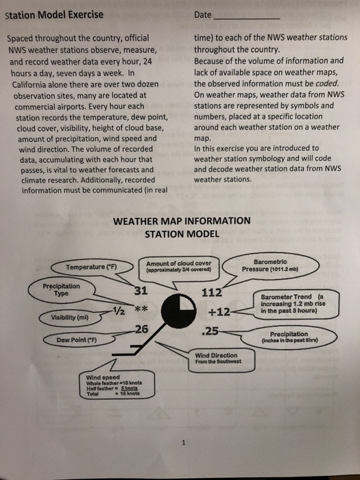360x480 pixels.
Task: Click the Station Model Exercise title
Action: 54,14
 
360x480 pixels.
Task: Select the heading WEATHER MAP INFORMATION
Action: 181,221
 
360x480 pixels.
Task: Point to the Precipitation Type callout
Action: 61,289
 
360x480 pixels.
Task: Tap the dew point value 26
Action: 141,328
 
